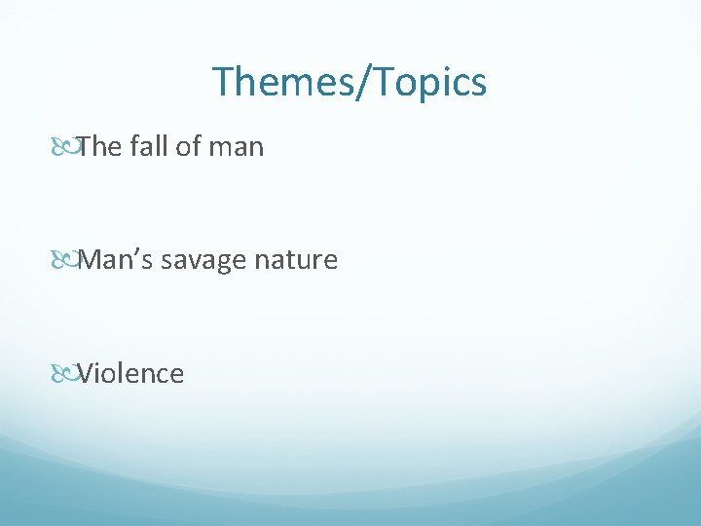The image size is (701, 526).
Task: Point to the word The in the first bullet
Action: point(97,147)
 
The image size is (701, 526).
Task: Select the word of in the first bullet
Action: point(184,147)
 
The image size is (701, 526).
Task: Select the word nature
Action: point(302,261)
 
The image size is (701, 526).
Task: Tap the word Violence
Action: point(130,373)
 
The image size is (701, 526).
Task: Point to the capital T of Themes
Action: point(223,82)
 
